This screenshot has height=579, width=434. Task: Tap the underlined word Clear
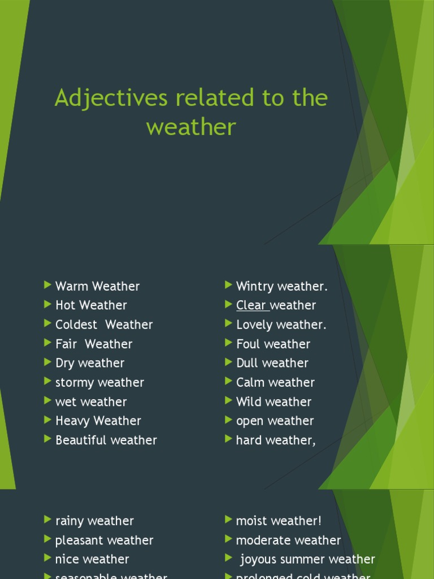pos(251,305)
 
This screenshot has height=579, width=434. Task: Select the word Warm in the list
pos(72,286)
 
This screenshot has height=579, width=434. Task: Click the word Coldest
pos(76,325)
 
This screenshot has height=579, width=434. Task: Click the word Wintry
pos(254,287)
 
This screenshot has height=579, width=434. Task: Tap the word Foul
pos(247,344)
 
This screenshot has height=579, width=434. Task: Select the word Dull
pos(246,363)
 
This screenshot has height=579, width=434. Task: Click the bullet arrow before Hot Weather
pos(47,305)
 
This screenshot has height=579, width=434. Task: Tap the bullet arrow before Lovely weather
pos(228,324)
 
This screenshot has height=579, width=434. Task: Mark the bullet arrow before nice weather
pos(47,559)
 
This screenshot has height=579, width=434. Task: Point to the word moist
pos(250,521)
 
